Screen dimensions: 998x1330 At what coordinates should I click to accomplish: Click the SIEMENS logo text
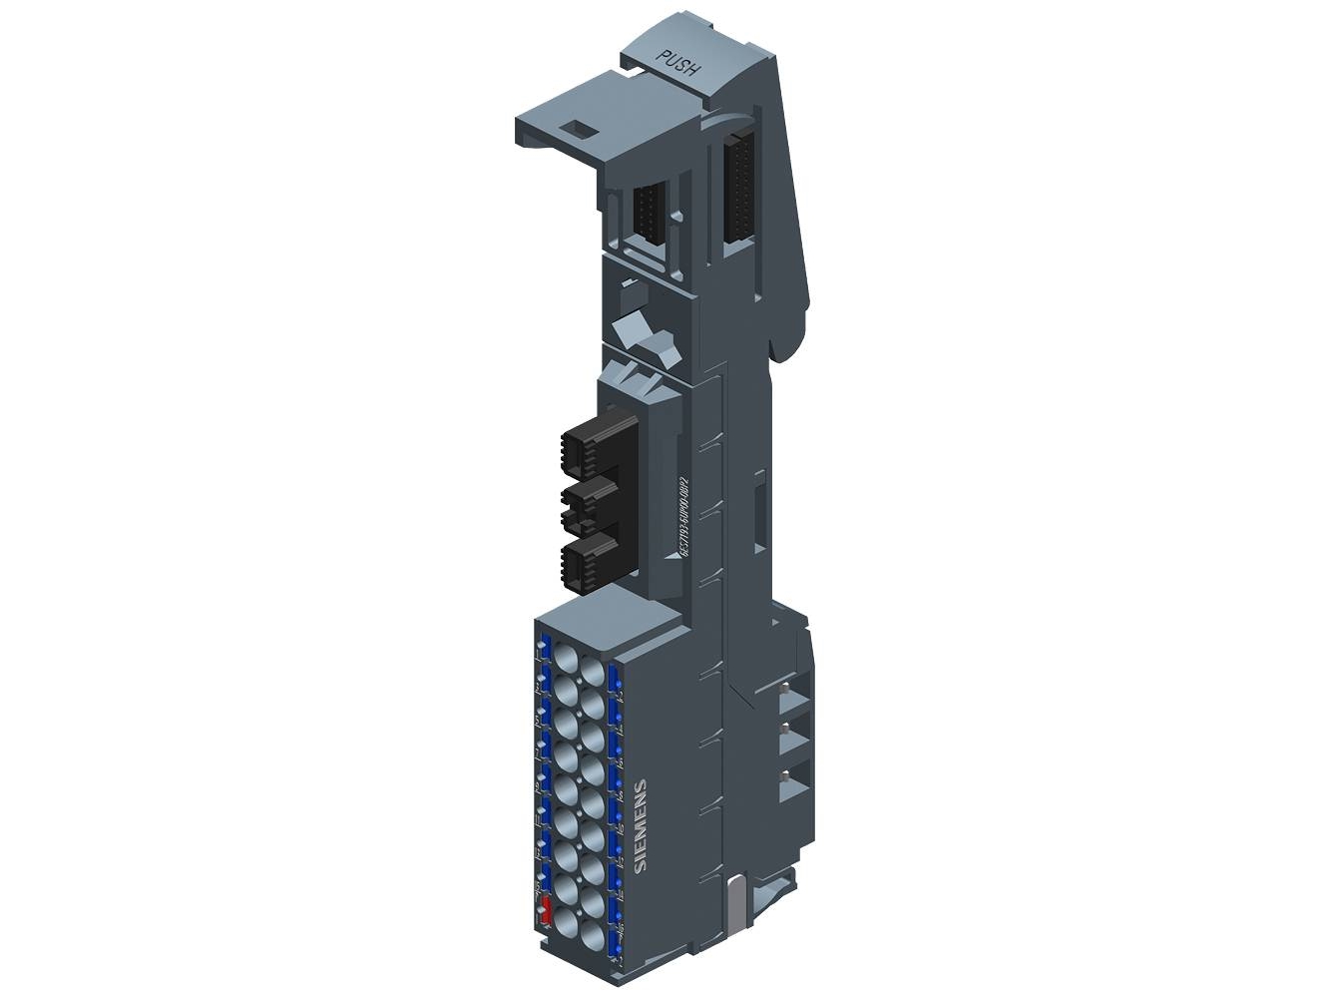click(641, 825)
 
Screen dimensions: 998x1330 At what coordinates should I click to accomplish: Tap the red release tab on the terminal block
click(546, 909)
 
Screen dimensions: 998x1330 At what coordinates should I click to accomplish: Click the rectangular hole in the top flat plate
click(577, 128)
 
